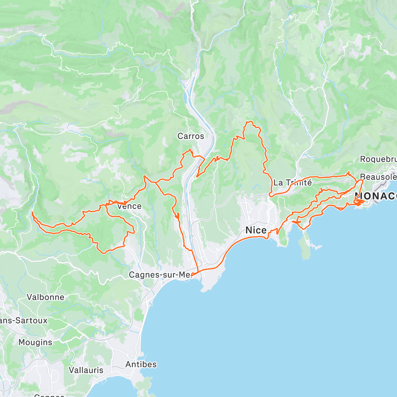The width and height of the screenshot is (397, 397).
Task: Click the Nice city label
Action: (256, 230)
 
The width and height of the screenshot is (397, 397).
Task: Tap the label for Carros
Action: (191, 136)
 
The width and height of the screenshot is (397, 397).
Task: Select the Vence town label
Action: (129, 206)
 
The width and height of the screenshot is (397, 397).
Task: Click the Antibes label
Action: (141, 364)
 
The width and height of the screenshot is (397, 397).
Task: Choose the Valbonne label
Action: (45, 297)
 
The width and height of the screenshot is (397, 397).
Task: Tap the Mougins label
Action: (35, 342)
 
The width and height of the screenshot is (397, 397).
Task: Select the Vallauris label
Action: (86, 370)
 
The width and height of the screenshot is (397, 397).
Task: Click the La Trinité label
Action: (292, 182)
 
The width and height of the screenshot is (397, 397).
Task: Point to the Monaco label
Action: (375, 196)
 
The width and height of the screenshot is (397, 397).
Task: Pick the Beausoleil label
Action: (378, 177)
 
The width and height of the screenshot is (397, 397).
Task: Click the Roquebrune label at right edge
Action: (378, 159)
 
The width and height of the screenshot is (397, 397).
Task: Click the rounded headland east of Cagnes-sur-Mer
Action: (212, 281)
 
